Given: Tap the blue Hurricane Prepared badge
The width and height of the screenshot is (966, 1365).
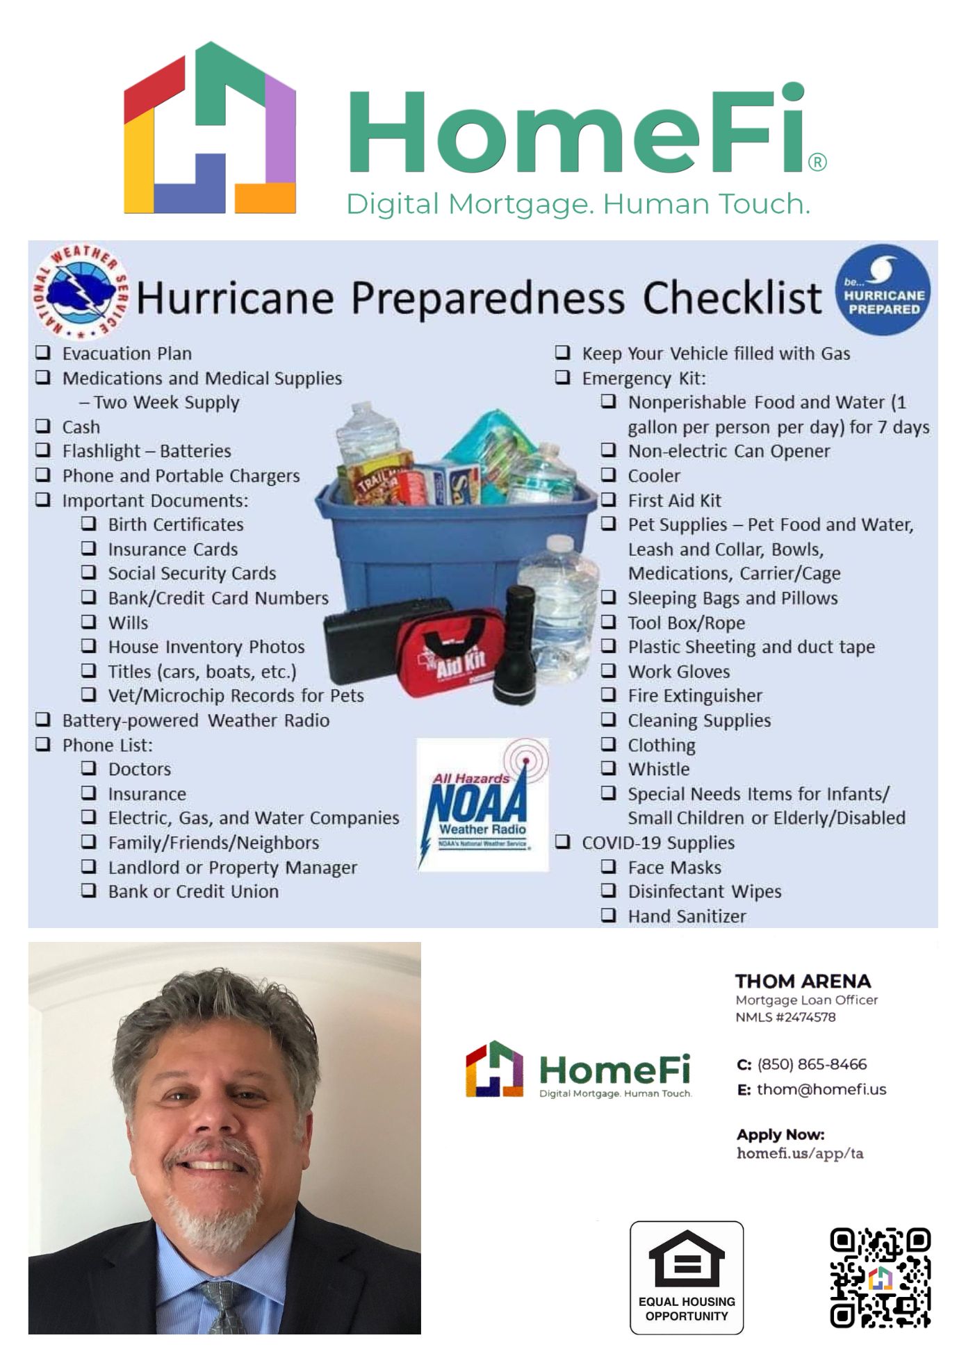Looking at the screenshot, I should pyautogui.click(x=883, y=290).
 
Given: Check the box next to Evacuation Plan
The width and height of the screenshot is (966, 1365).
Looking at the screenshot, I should pyautogui.click(x=43, y=352).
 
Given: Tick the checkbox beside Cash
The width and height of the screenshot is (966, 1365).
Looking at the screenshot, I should pyautogui.click(x=43, y=426).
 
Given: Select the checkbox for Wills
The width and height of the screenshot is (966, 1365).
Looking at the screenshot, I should pyautogui.click(x=89, y=621).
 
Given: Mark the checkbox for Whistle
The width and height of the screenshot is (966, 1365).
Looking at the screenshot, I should pyautogui.click(x=609, y=768).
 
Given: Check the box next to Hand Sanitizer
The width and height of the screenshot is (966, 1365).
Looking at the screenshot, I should pyautogui.click(x=609, y=915).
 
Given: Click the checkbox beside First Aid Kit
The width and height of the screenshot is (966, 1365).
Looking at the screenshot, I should pyautogui.click(x=609, y=499).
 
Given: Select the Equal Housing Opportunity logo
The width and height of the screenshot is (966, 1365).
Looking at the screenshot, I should pyautogui.click(x=687, y=1277).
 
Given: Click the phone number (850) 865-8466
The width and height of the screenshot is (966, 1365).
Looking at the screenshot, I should pyautogui.click(x=812, y=1064).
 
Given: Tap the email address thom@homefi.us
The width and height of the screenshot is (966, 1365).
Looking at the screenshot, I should pyautogui.click(x=821, y=1089).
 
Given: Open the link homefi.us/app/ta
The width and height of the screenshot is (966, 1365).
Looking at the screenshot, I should pyautogui.click(x=800, y=1154).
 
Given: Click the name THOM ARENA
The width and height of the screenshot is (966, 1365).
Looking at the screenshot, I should pyautogui.click(x=803, y=981).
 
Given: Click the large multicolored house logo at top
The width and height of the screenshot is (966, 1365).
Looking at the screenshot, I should pyautogui.click(x=210, y=129).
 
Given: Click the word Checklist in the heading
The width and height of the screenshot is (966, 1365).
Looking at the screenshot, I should pyautogui.click(x=732, y=298).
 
